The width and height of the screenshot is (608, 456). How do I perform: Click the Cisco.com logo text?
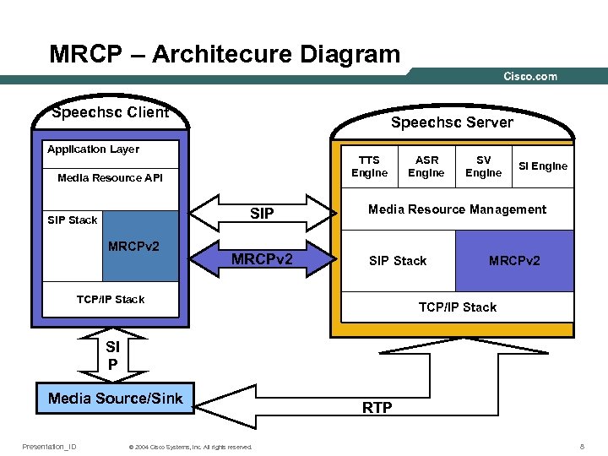tap(530, 76)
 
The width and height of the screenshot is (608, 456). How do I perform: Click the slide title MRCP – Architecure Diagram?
tap(225, 55)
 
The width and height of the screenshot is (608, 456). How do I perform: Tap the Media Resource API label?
tap(110, 178)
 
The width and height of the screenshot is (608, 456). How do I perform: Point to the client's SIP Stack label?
tap(73, 220)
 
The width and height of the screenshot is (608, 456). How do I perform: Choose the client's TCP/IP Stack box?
tap(111, 300)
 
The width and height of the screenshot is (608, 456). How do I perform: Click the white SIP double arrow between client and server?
tap(262, 214)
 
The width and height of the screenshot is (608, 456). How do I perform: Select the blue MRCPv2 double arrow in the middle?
tap(262, 258)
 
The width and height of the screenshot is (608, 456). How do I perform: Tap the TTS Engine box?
tap(370, 166)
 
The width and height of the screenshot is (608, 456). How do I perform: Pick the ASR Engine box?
tap(426, 166)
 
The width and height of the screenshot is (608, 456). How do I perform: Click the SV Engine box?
tap(484, 166)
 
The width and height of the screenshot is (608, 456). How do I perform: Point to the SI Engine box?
tap(543, 166)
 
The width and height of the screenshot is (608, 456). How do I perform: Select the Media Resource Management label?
tap(457, 209)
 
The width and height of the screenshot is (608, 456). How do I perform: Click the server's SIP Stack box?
tap(398, 261)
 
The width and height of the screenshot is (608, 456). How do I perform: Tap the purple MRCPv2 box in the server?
tap(514, 261)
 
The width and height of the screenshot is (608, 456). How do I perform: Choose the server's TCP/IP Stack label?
tap(458, 307)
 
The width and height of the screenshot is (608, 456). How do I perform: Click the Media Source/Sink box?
tap(116, 399)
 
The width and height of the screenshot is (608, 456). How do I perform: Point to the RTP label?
tap(377, 408)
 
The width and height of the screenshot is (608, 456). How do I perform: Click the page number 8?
tap(582, 446)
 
